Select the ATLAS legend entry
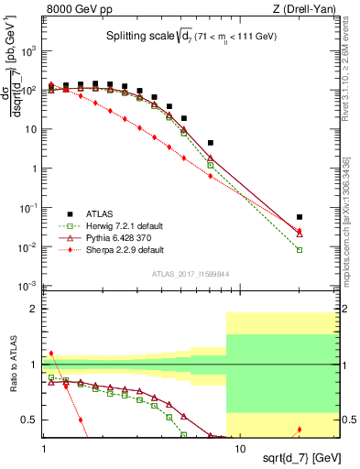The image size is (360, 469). click(99, 212)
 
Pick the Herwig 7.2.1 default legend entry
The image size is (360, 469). click(119, 224)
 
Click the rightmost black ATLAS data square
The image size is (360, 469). click(300, 217)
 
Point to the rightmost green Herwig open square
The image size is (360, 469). click(300, 249)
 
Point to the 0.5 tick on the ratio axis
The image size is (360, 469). click(29, 420)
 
